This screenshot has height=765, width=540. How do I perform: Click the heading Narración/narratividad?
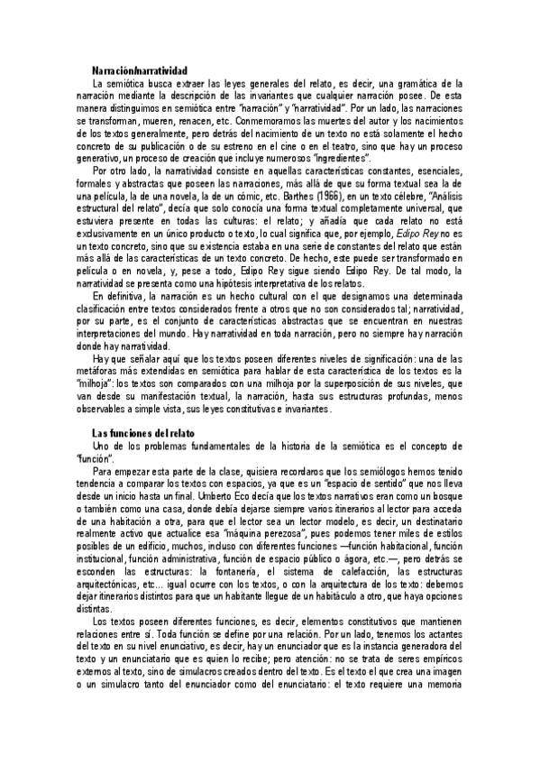click(140, 69)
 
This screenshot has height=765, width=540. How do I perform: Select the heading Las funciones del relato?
click(131, 433)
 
